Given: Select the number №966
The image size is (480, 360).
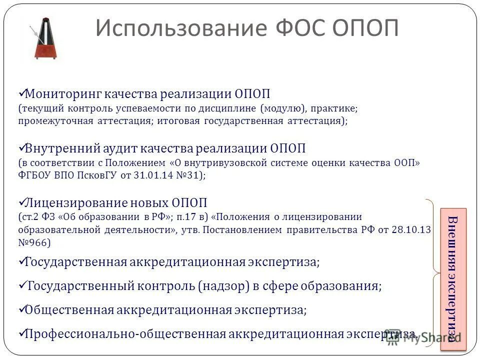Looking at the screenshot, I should click(x=34, y=242).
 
